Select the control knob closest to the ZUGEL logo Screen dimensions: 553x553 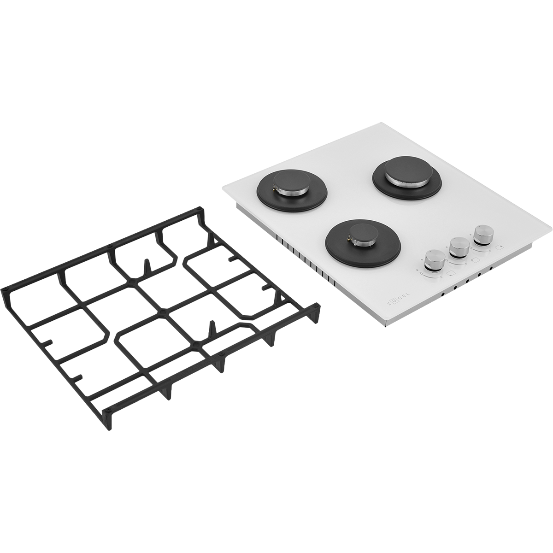434,260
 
